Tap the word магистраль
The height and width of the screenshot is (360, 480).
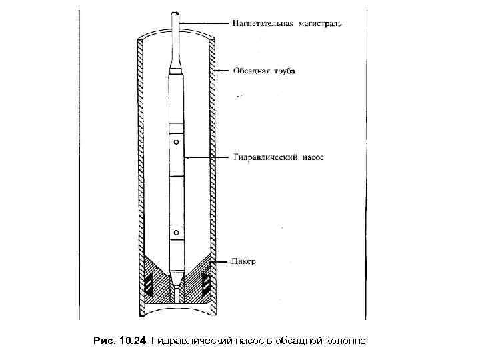[x=321, y=24]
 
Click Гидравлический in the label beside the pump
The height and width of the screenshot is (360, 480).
[x=265, y=158]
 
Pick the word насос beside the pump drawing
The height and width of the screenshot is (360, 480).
[x=311, y=158]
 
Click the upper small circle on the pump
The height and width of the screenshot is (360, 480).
[x=177, y=141]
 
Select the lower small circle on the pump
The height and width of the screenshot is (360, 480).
[x=177, y=232]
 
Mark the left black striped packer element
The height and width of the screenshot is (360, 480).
[x=147, y=285]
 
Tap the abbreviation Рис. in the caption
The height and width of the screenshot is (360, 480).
[x=103, y=341]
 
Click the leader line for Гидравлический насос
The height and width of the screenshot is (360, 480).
[x=207, y=157]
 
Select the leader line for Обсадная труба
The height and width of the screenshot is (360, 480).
[x=224, y=70]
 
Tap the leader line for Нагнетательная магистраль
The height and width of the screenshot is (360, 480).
[x=203, y=24]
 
